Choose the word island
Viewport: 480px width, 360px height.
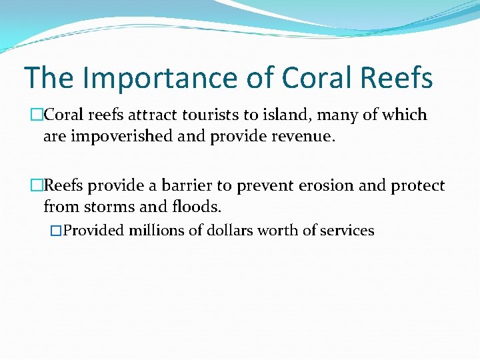click(x=291, y=115)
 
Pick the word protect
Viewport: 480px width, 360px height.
click(x=417, y=187)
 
